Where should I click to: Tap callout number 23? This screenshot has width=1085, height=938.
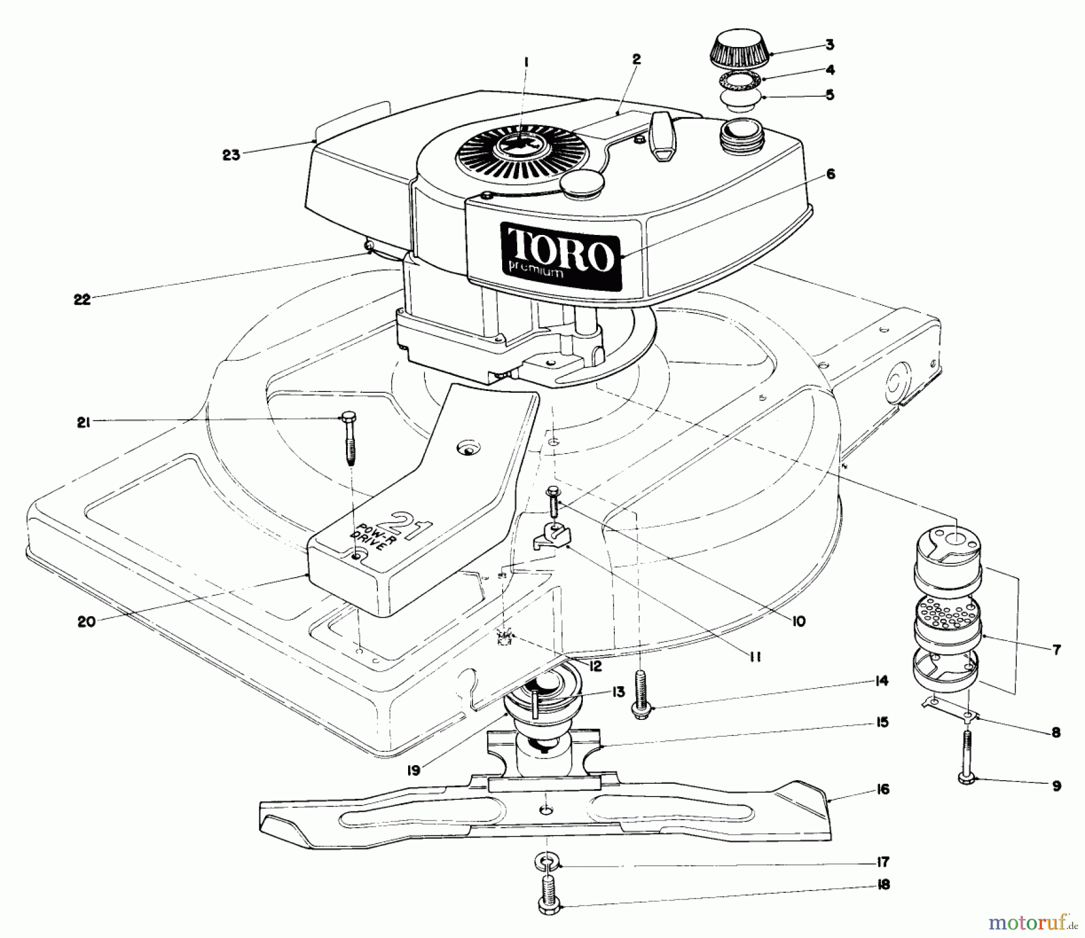point(230,155)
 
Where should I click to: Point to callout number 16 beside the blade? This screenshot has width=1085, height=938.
point(882,789)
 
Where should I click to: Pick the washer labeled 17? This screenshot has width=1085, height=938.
point(545,862)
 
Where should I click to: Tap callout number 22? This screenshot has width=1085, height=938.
point(82,299)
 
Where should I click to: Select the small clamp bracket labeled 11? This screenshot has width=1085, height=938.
point(553,535)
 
